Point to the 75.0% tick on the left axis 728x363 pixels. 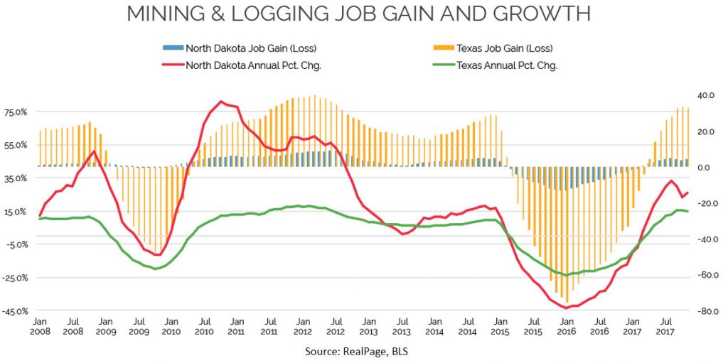[x=15, y=112]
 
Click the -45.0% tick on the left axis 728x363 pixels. [x=15, y=311]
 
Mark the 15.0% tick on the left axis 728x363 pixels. [x=15, y=212]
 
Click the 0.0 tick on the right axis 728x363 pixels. [x=707, y=168]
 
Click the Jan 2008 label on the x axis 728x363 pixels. [x=41, y=327]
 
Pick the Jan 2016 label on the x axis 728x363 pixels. [x=566, y=327]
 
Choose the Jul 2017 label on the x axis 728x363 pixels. [x=664, y=327]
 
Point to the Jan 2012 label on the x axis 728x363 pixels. [x=303, y=327]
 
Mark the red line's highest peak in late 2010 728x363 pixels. [x=221, y=102]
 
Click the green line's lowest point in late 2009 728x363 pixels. [x=155, y=269]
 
